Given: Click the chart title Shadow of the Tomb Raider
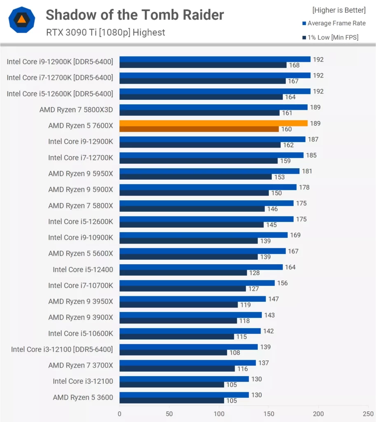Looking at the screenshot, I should pos(135,15).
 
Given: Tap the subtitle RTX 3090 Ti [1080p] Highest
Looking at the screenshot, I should pos(105,33).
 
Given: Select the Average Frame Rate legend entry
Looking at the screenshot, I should pos(336,23).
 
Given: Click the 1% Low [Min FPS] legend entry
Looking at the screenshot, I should pos(333,38).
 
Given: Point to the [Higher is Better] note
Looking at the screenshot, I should pos(339,10).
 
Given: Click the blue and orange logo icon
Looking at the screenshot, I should pos(22,20).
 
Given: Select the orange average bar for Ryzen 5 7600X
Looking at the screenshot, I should pos(213,123).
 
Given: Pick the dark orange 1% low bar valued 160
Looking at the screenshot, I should pos(199,129).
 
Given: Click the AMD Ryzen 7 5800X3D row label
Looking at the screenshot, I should pos(76,110).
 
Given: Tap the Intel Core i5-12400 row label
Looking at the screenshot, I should pos(83,270).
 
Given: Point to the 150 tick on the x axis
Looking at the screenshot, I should pos(269,413).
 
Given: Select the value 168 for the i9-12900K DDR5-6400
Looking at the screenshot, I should pos(294,65).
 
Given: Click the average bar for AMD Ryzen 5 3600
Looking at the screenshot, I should pos(184,395).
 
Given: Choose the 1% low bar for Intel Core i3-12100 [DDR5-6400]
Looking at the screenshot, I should pos(173,353).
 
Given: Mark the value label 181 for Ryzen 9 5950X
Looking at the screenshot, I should pos(307,171).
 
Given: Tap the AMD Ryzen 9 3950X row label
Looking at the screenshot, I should pos(80,301).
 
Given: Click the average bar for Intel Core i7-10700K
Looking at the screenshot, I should pos(197,283).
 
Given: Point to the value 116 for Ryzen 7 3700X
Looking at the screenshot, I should pos(242,369).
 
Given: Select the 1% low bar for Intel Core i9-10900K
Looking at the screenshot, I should pos(188,241).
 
